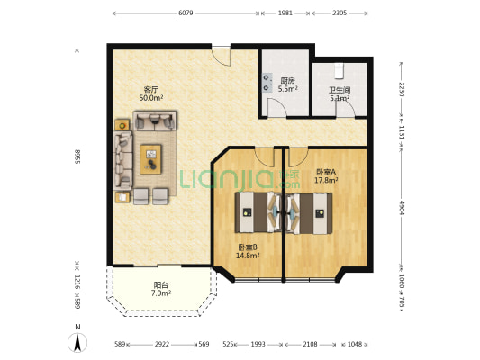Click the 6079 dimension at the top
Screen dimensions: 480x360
(x=186, y=13)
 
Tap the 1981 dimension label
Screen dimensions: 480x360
(x=285, y=13)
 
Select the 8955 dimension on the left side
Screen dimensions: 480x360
(x=77, y=157)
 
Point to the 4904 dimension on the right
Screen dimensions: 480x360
(x=402, y=208)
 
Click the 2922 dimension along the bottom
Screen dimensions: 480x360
(x=161, y=344)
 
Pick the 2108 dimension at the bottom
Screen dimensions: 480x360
(x=310, y=344)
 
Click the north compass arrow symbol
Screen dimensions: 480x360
(x=77, y=342)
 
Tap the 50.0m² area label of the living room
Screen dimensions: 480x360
(x=151, y=98)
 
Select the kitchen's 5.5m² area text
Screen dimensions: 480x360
(x=288, y=89)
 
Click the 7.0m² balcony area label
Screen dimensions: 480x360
(x=161, y=293)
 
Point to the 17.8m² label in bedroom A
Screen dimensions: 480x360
(x=326, y=180)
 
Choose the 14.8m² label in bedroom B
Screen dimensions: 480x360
(x=248, y=256)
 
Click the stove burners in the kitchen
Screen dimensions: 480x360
(x=267, y=83)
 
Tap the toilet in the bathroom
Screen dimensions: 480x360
(x=340, y=71)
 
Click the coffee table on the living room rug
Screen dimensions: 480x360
(x=150, y=159)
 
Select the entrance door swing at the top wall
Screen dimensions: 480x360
(x=221, y=56)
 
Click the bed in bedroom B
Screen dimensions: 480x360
(x=258, y=212)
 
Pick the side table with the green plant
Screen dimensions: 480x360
(x=122, y=125)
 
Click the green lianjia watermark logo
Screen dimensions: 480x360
(x=240, y=179)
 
